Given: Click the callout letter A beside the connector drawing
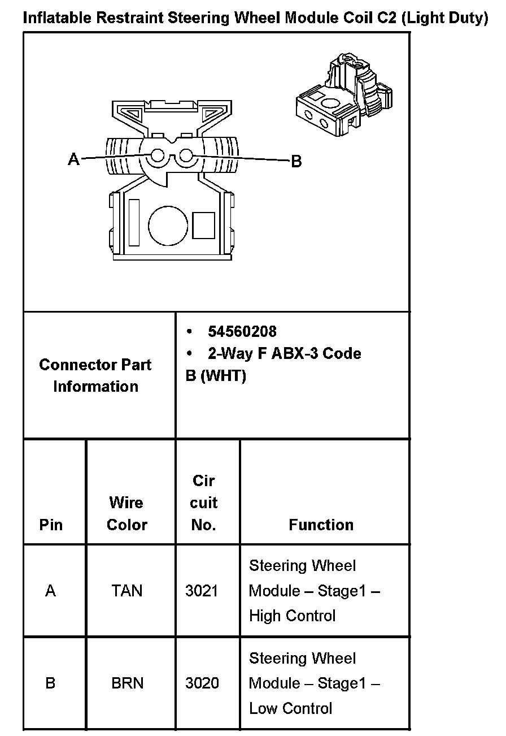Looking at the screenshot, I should coord(74,159).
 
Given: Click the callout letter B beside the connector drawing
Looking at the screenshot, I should coord(296,162).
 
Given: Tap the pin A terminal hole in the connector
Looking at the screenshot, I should coord(158,155).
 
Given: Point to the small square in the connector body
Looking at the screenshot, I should coord(203,225).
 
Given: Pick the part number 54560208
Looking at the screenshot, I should coord(242,331).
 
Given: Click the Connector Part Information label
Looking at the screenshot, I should coord(95,375).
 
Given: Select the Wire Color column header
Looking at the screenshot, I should coord(127,513).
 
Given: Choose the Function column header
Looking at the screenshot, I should coord(321,525).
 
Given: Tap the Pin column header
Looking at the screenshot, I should coord(51,525).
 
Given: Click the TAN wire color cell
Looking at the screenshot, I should coord(127,591).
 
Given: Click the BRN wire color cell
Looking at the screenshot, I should coord(127,683).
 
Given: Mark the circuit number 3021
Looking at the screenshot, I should coord(202,591).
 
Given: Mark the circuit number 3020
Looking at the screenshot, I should coord(202,683).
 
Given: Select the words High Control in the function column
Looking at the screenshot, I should coord(292,616).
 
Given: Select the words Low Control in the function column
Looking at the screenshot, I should coord(290,708).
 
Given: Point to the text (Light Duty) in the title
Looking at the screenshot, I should coord(446,18).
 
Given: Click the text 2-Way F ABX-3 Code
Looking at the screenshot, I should coord(284,354).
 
